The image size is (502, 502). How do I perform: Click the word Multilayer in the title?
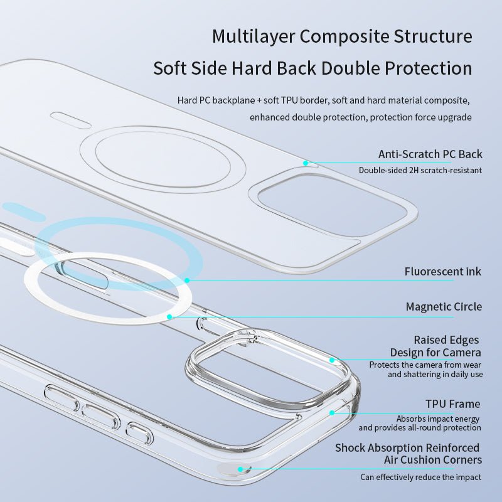click(253, 37)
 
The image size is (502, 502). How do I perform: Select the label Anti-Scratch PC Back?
click(430, 154)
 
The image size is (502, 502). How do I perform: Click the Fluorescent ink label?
click(443, 272)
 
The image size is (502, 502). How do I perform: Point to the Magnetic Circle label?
click(444, 306)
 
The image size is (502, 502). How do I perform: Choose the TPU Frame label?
click(452, 403)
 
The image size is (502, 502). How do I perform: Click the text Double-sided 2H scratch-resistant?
click(420, 170)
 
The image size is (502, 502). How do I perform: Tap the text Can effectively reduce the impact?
click(420, 477)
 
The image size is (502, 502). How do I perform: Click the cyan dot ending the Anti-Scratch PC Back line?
click(306, 163)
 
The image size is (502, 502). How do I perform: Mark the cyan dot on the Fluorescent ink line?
click(187, 280)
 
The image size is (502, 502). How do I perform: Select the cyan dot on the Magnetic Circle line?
click(169, 317)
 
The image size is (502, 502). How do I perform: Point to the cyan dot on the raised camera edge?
click(332, 360)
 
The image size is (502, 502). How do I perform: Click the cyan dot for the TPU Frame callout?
click(332, 413)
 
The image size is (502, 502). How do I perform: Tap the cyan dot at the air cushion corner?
click(240, 469)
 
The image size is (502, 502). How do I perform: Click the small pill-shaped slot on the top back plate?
click(71, 120)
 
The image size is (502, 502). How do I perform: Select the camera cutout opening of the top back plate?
click(333, 205)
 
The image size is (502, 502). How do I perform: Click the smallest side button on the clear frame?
click(139, 434)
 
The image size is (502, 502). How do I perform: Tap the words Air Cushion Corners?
click(433, 460)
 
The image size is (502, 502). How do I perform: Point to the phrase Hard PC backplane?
click(216, 100)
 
